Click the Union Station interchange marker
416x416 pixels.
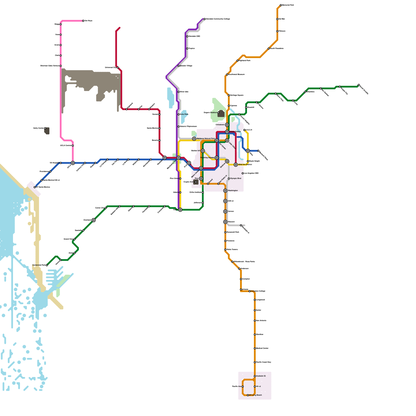coord(227,132)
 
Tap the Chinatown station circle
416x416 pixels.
coord(227,125)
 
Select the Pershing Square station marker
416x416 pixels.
coord(217,158)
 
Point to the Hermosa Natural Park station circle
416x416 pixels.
coord(194,139)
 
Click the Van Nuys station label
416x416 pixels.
coord(88,21)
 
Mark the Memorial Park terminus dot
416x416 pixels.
coord(281,5)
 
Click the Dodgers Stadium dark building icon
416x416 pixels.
coord(221,114)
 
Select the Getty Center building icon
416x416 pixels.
coord(47,131)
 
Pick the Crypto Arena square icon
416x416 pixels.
coord(196,182)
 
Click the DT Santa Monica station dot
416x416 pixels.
coord(35,187)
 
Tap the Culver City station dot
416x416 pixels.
coord(106,208)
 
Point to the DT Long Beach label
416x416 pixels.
coord(256,395)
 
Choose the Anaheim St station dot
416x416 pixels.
coord(255,376)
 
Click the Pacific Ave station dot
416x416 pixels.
coord(243,387)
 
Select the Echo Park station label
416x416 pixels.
coord(184,114)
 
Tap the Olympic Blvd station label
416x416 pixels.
coord(236,179)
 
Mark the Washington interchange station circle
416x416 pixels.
coord(225,191)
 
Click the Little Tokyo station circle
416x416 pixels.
coord(227,140)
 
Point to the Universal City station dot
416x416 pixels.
coord(118,68)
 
